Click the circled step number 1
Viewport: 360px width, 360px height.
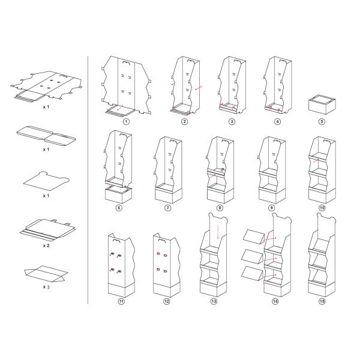(126, 122)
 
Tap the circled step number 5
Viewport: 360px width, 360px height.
(322, 122)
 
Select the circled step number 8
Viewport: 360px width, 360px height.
(220, 208)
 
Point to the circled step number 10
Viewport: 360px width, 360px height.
(322, 208)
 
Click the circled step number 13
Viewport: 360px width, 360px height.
(214, 301)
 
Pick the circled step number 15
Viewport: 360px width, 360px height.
(322, 301)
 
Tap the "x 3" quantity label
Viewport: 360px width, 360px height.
(45, 287)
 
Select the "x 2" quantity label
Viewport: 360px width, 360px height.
(45, 245)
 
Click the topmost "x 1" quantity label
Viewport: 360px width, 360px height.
(45, 107)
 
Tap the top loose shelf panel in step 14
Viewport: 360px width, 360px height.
(253, 235)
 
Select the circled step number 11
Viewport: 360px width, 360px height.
(121, 301)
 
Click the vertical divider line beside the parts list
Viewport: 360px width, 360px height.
(88, 180)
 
